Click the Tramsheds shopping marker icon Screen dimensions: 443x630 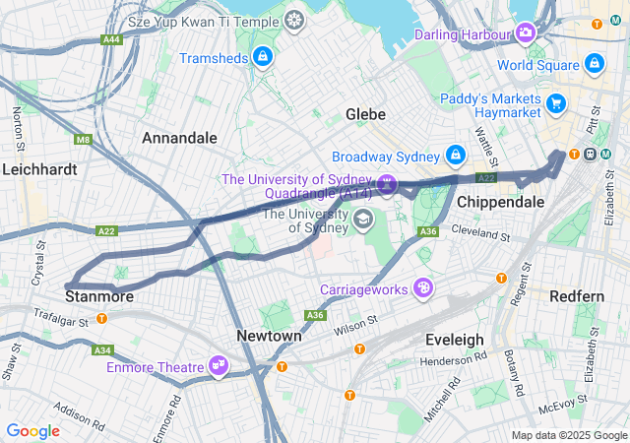click(263, 58)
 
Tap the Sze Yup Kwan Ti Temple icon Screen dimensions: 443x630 click(294, 20)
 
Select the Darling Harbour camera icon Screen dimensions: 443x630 click(526, 34)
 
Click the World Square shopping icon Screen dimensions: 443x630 click(594, 65)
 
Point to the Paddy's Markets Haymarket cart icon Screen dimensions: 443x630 click(556, 102)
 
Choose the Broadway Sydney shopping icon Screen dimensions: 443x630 click(455, 157)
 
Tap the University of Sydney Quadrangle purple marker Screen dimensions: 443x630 click(387, 184)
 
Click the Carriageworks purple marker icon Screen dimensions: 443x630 click(423, 288)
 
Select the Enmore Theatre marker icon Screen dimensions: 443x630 click(219, 367)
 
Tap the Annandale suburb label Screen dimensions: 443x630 click(179, 138)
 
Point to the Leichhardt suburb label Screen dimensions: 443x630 click(39, 169)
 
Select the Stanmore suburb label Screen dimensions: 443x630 click(98, 295)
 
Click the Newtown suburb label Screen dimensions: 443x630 click(269, 336)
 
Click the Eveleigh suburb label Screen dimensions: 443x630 click(454, 340)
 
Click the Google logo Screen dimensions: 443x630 click(32, 430)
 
